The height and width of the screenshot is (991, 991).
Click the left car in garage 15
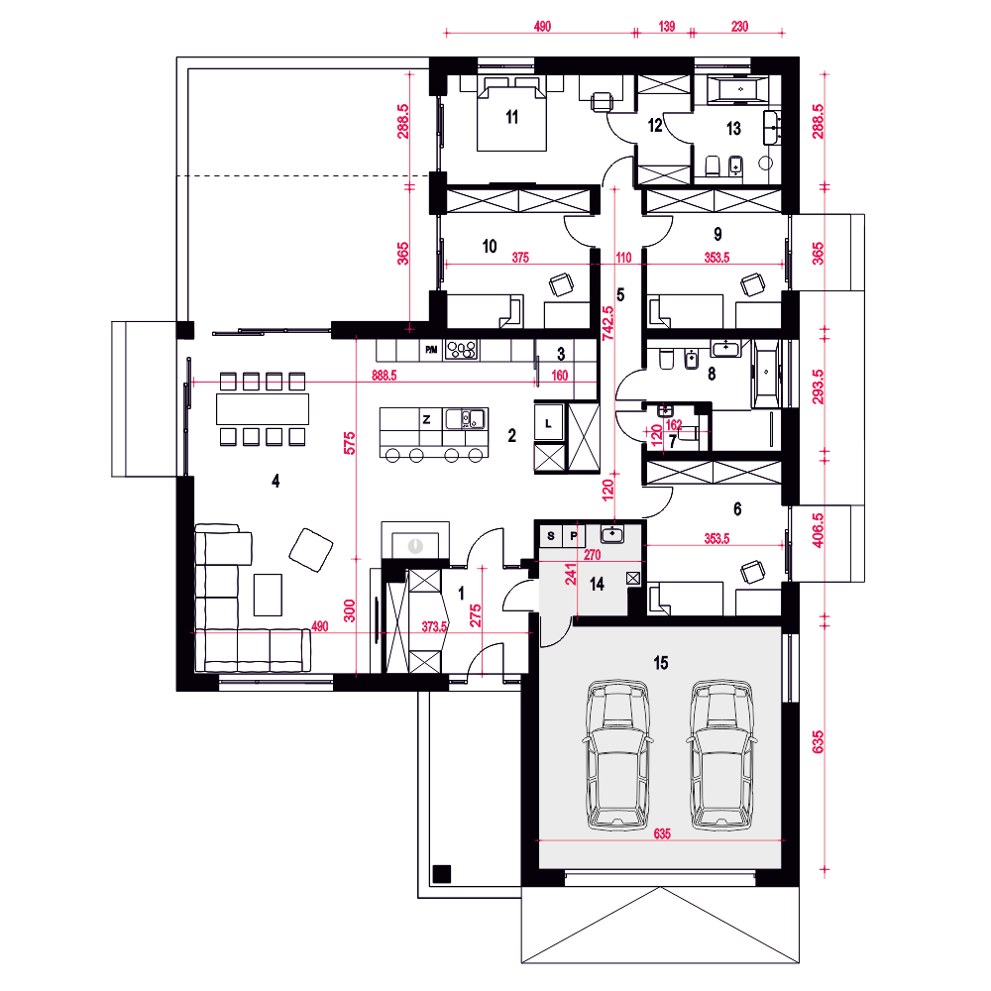pyautogui.click(x=618, y=754)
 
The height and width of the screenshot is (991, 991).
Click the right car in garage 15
pyautogui.click(x=722, y=754)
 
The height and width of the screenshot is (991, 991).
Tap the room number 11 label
pyautogui.click(x=512, y=117)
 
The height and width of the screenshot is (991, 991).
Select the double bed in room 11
pyautogui.click(x=511, y=114)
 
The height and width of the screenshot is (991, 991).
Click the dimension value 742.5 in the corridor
pyautogui.click(x=607, y=324)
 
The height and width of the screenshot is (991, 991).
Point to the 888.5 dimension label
pyautogui.click(x=385, y=376)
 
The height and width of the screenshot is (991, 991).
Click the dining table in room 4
pyautogui.click(x=263, y=408)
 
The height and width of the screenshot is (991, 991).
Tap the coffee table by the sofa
pyautogui.click(x=268, y=594)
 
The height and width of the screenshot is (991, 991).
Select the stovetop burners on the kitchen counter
pyautogui.click(x=462, y=350)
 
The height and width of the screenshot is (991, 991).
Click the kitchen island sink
pyautogui.click(x=465, y=419)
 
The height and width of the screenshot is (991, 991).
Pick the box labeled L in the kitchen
pyautogui.click(x=549, y=423)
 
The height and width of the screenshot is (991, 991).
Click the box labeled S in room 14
pyautogui.click(x=551, y=536)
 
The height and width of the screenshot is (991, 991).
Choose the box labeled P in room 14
pyautogui.click(x=573, y=536)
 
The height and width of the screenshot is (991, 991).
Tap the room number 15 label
pyautogui.click(x=660, y=662)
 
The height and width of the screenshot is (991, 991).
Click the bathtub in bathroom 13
pyautogui.click(x=737, y=89)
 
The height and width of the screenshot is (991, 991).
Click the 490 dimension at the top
pyautogui.click(x=542, y=26)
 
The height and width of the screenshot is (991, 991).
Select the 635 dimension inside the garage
pyautogui.click(x=662, y=833)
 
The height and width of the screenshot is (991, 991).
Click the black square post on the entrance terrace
pyautogui.click(x=442, y=873)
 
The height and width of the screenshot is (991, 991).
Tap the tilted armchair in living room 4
pyautogui.click(x=311, y=550)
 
